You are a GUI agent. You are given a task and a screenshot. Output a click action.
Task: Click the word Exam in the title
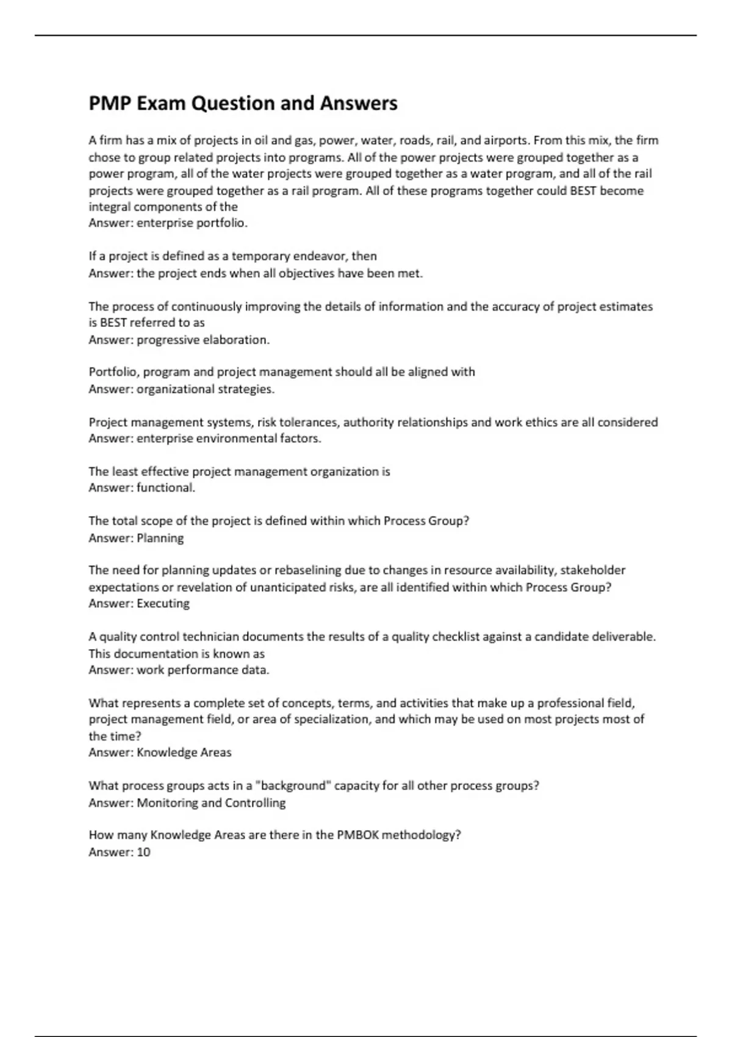coord(161,104)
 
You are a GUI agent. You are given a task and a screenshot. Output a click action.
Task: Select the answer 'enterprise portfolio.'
coord(192,223)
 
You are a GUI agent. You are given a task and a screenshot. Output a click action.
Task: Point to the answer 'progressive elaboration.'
coord(203,340)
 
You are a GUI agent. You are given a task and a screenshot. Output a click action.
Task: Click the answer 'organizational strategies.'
coord(206,389)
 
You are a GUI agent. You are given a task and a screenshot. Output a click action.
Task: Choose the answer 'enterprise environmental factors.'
coord(229,439)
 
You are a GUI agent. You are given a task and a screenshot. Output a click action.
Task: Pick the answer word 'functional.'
coord(166,488)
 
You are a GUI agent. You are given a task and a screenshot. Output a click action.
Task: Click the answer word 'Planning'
coord(160,538)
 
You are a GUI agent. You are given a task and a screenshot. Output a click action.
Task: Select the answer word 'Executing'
coord(163,604)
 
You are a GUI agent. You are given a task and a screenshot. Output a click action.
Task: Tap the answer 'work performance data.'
coord(203,670)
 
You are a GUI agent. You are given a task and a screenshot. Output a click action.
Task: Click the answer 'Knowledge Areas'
coord(184,753)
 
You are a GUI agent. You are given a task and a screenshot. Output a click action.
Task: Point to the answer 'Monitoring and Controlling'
coord(211,803)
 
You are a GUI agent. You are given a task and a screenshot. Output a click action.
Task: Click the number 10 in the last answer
coord(143,852)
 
